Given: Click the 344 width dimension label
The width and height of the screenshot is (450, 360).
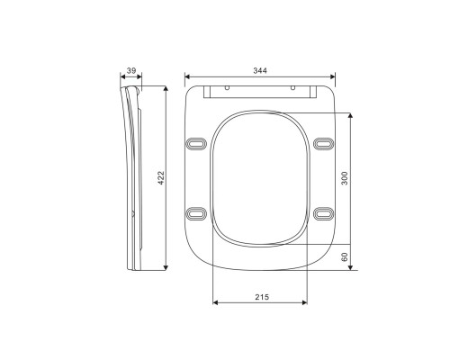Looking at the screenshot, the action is tap(260, 71).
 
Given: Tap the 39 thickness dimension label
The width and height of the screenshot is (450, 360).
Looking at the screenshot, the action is tap(131, 71).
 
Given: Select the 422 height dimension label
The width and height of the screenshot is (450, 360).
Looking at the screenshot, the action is tap(161, 178).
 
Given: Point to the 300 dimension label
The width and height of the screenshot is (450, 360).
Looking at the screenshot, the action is tap(345, 178).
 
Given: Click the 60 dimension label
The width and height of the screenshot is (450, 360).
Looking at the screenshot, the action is tap(345, 257).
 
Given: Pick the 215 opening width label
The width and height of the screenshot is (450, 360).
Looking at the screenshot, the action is tap(262, 297).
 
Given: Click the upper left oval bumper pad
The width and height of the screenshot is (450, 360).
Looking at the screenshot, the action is tap(196, 144).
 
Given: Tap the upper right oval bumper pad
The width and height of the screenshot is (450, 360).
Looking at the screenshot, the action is tap(323, 144).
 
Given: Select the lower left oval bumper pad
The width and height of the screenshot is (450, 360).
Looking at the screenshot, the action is tap(196, 213).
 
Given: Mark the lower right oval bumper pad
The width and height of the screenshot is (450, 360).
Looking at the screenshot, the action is tap(323, 213).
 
